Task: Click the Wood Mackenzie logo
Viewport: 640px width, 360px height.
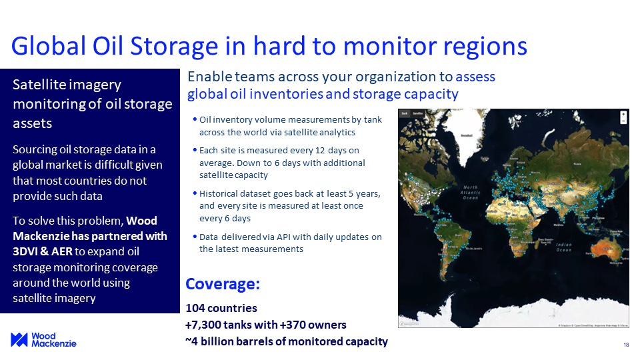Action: coord(43,339)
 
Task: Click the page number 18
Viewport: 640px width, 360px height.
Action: coord(626,345)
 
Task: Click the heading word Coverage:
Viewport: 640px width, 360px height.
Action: coord(222,284)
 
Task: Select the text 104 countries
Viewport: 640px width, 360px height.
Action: coord(221,308)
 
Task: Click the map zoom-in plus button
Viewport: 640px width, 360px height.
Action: coord(623,114)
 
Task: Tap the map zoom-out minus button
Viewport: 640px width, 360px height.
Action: coord(623,121)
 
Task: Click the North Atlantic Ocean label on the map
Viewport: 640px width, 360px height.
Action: coord(471,192)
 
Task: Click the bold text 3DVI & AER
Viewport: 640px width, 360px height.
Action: coord(42,252)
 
